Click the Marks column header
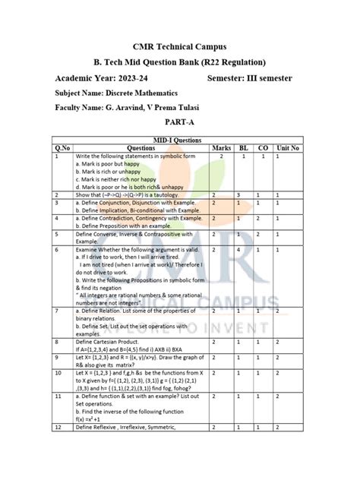(x=222, y=148)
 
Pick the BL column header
(x=244, y=148)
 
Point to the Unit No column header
(x=288, y=148)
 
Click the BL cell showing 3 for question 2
(x=238, y=195)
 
